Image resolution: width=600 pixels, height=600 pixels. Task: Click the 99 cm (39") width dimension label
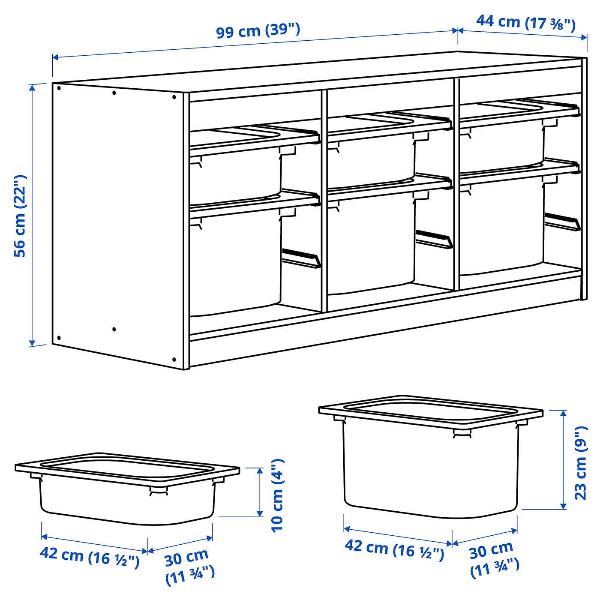point(258,31)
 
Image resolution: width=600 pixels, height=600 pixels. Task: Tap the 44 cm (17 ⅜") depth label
point(525,22)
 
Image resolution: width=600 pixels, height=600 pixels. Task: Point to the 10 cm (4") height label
point(278,495)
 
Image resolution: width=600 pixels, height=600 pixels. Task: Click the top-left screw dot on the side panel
point(59,88)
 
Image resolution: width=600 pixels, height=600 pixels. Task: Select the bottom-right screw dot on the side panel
point(174,359)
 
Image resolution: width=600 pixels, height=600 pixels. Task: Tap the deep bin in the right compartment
point(501,227)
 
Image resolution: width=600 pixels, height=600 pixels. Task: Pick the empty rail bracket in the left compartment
point(301,258)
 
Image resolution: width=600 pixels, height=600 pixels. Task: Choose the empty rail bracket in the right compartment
point(562,222)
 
